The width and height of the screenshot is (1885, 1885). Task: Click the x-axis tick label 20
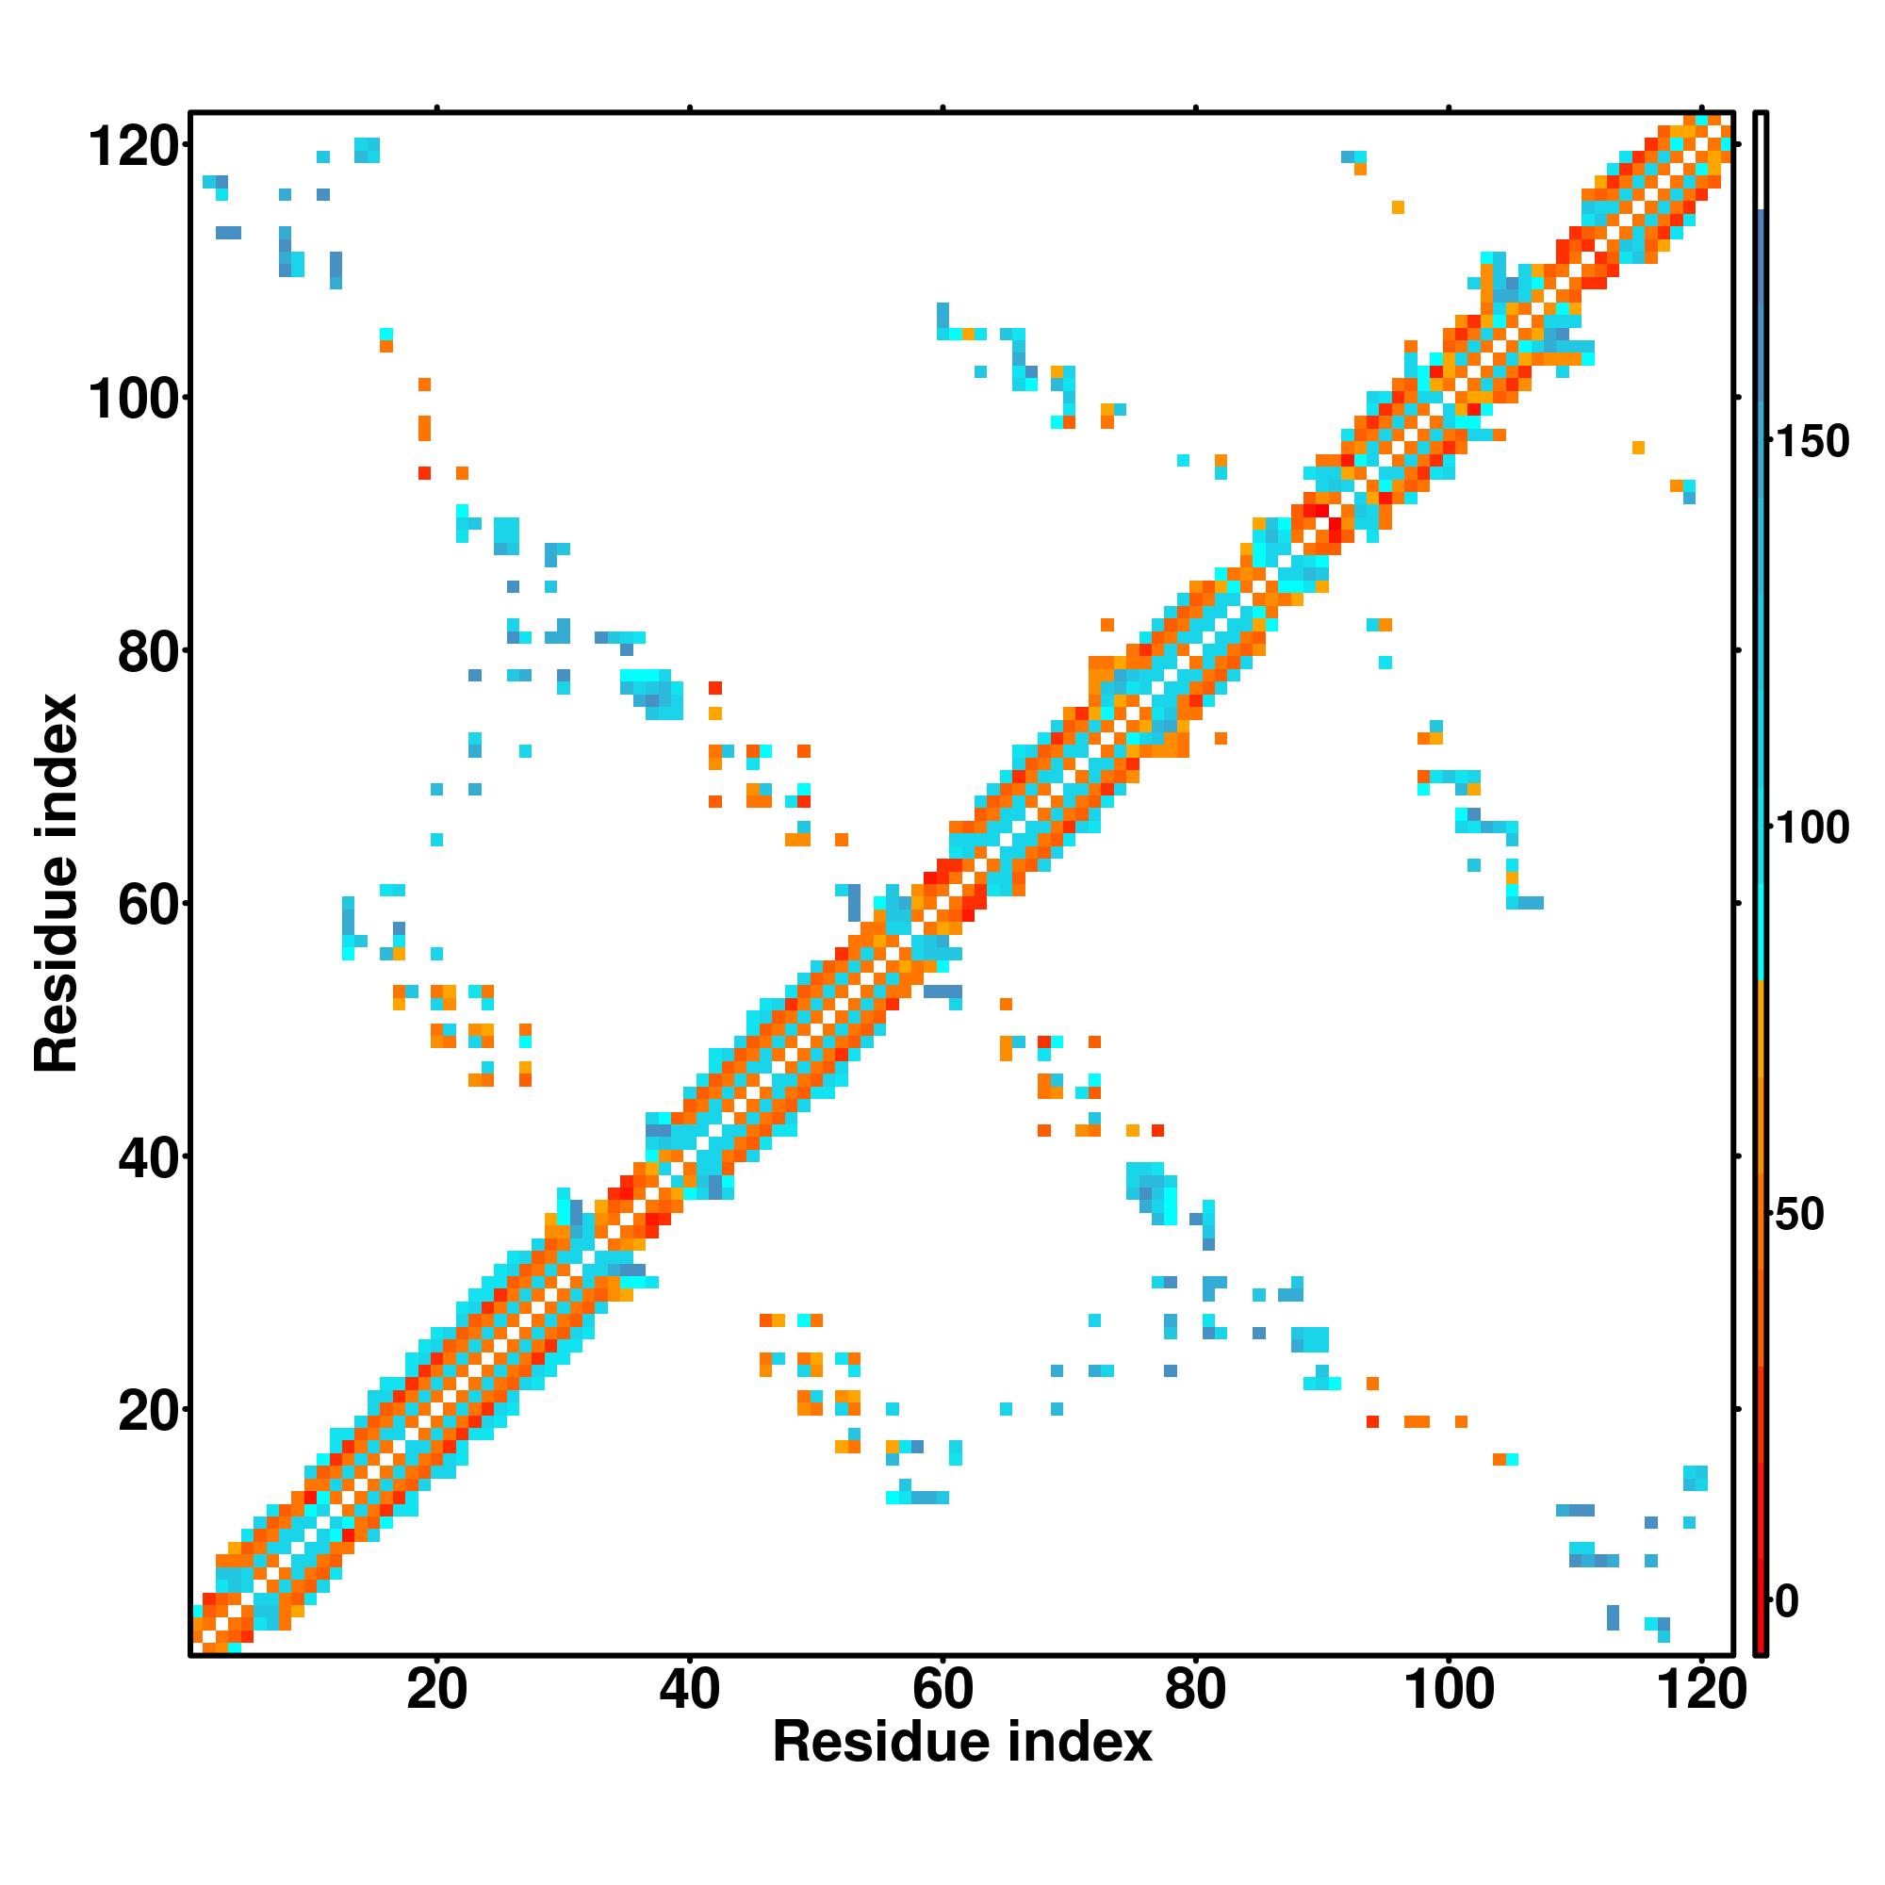[x=436, y=1690]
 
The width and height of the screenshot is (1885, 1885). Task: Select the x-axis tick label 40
[x=689, y=1690]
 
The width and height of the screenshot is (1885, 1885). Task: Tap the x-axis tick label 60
[x=942, y=1690]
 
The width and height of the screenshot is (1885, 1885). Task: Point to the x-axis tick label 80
[x=1195, y=1690]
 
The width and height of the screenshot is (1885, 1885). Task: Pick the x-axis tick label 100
[x=1449, y=1690]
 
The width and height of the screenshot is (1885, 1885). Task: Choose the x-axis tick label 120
[x=1701, y=1690]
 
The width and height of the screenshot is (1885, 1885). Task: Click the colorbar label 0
[x=1787, y=1601]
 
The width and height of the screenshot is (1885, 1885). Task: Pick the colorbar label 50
[x=1798, y=1215]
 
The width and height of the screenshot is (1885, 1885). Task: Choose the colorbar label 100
[x=1811, y=828]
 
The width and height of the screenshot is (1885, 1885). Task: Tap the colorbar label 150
[x=1811, y=442]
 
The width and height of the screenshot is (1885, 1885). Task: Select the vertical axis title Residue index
[x=56, y=883]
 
